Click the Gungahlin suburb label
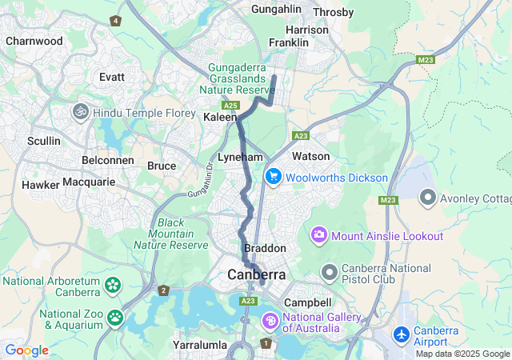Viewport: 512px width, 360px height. [x=276, y=9]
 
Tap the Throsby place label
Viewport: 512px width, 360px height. [x=334, y=12]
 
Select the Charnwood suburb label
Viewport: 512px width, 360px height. [x=34, y=41]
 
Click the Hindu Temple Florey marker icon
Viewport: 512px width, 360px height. [x=80, y=112]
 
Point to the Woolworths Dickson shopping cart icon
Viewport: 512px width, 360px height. [x=274, y=177]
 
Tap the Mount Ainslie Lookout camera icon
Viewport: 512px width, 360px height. [x=319, y=235]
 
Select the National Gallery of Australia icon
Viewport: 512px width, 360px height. [x=271, y=321]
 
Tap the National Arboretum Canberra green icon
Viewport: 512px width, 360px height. [x=113, y=285]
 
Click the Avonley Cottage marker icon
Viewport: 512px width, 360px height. [x=429, y=196]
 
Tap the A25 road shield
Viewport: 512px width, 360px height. [x=231, y=105]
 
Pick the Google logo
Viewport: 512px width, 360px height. [x=26, y=350]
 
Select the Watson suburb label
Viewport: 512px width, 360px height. [x=310, y=156]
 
